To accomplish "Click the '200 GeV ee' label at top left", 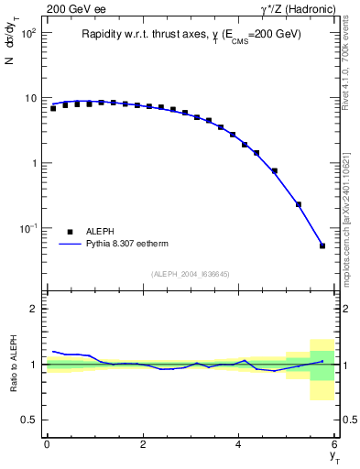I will click(x=72, y=9).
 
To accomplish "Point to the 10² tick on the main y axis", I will click(x=30, y=33).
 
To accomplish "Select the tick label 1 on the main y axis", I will click(x=34, y=163).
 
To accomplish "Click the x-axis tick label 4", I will click(x=239, y=444).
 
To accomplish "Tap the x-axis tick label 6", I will click(x=335, y=444).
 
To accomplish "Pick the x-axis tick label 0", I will click(x=47, y=444).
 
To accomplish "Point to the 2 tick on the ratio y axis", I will click(x=34, y=309).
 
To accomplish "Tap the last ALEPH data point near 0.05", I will click(x=322, y=245).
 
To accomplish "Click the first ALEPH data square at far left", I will click(x=53, y=108).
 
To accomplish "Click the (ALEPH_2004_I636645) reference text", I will click(x=191, y=274).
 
